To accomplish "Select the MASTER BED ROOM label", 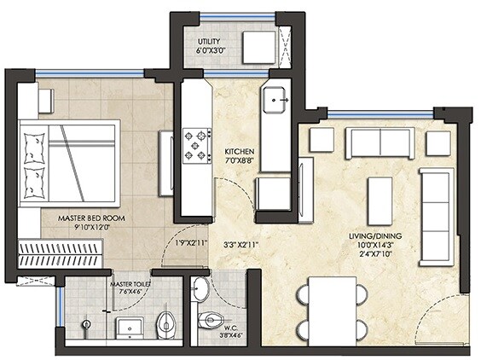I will click(92, 218).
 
